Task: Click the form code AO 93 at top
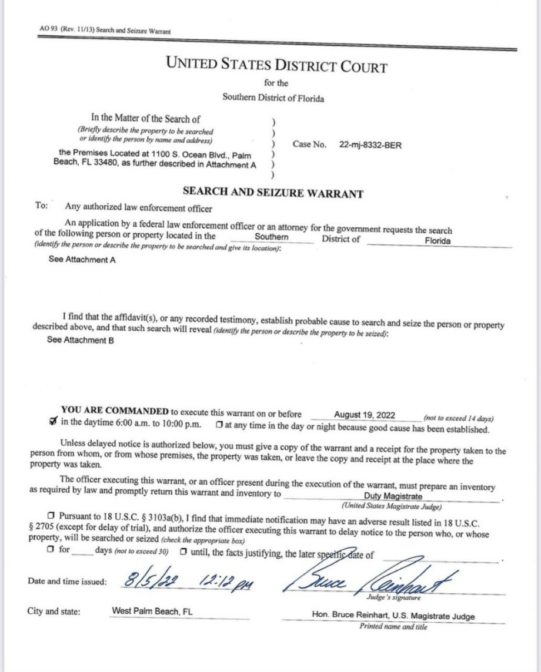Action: tap(45, 31)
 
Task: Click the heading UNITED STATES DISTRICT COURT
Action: tap(277, 64)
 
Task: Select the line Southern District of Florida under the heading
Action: tap(273, 98)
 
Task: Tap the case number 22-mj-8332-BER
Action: tap(370, 145)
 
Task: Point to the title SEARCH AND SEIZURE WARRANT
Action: tap(273, 193)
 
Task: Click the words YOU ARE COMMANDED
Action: tap(115, 412)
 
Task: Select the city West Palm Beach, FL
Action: tap(152, 611)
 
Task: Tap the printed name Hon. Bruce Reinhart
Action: tap(354, 616)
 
